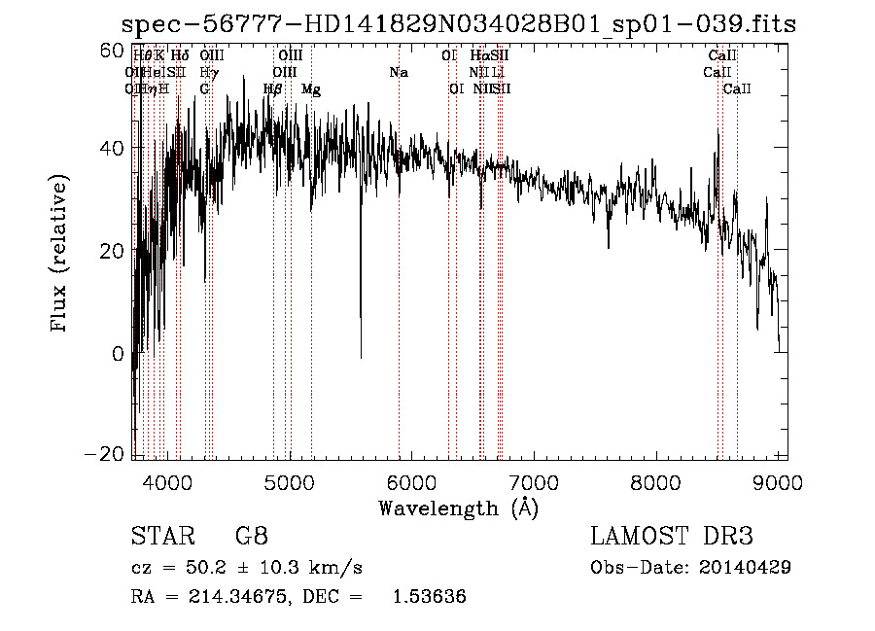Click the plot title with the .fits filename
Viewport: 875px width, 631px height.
pos(456,23)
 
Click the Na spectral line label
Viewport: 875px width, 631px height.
pos(399,72)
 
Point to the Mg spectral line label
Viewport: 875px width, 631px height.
pos(311,89)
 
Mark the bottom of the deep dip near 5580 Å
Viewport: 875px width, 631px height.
pos(362,356)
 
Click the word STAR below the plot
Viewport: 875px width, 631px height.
pos(157,537)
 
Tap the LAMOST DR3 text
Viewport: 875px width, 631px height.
pos(672,537)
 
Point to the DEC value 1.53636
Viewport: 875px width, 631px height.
pos(429,596)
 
